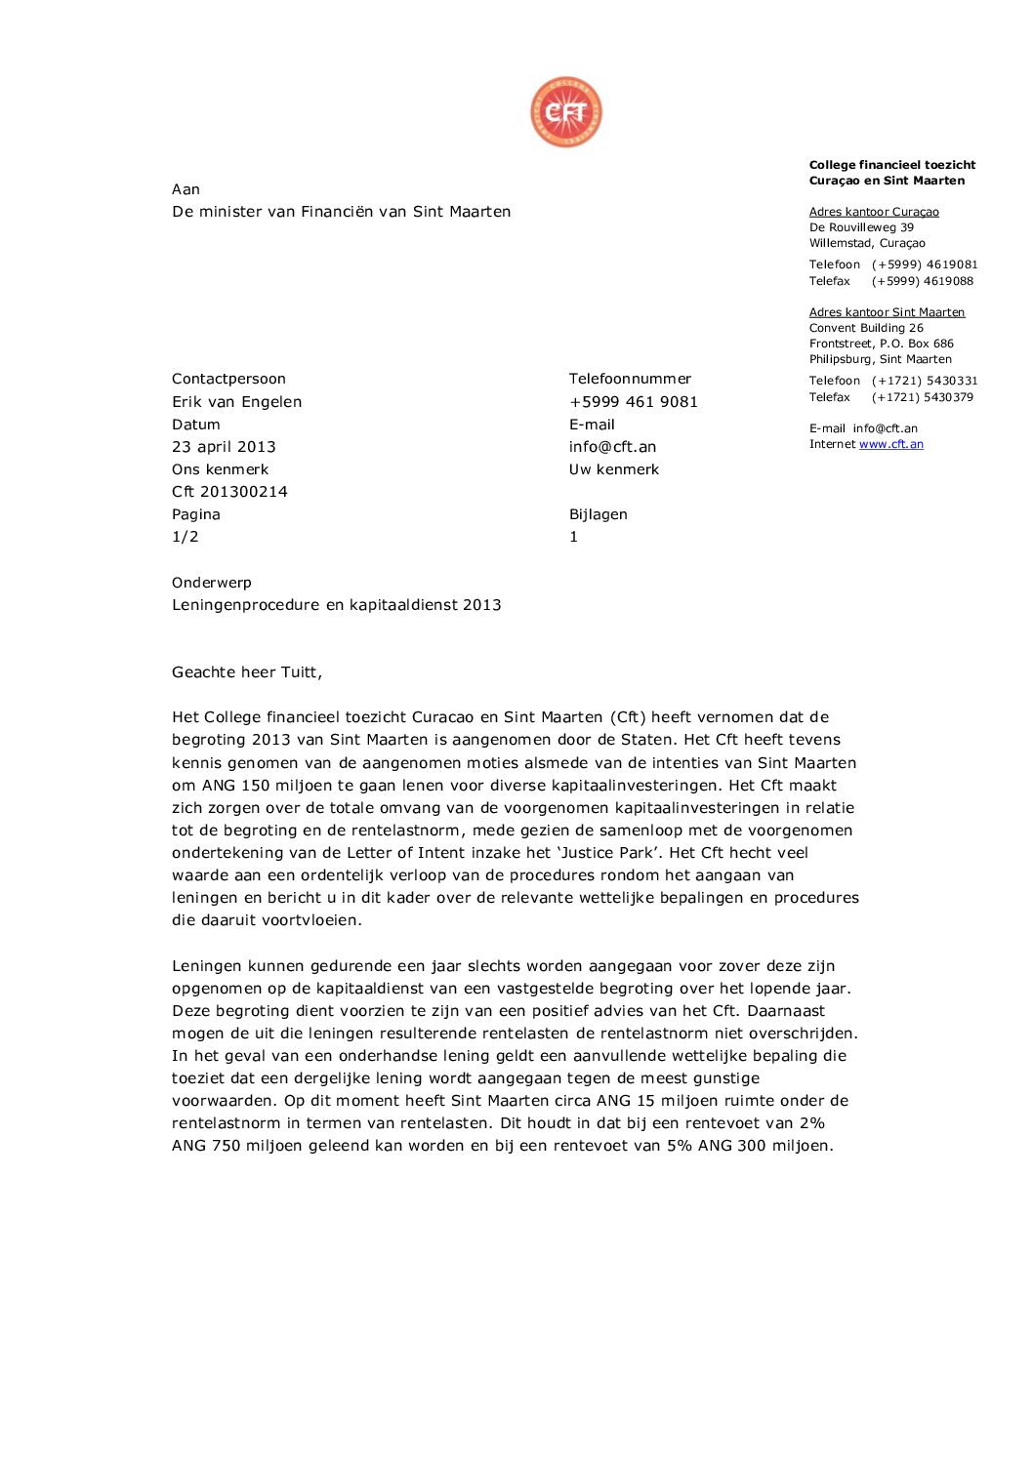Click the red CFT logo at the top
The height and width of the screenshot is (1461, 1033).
[x=566, y=113]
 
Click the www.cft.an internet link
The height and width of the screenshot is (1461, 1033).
[x=890, y=444]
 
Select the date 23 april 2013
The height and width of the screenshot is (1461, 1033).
[x=224, y=447]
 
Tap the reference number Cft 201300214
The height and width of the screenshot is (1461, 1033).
[x=229, y=492]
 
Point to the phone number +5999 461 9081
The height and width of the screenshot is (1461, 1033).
[x=633, y=402]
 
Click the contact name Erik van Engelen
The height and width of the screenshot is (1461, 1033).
[x=236, y=402]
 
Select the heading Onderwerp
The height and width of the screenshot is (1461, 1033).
[x=212, y=583]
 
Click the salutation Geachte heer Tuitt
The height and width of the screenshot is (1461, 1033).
[x=246, y=672]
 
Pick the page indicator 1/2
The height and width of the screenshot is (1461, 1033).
[x=186, y=537]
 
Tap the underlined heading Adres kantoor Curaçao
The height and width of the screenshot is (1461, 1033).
[x=874, y=212]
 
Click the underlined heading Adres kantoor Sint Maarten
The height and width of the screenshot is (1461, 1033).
[x=887, y=312]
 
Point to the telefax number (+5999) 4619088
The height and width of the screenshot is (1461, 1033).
[x=923, y=281]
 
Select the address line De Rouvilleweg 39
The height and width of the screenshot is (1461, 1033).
[x=861, y=227]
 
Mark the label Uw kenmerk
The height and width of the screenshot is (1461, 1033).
[x=613, y=469]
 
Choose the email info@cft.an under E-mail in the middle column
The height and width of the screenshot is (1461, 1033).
[x=612, y=447]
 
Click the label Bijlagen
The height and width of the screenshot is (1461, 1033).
[x=598, y=514]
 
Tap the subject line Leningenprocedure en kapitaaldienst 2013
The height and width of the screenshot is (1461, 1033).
[x=336, y=605]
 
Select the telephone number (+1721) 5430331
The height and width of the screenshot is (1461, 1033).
[x=925, y=381]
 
